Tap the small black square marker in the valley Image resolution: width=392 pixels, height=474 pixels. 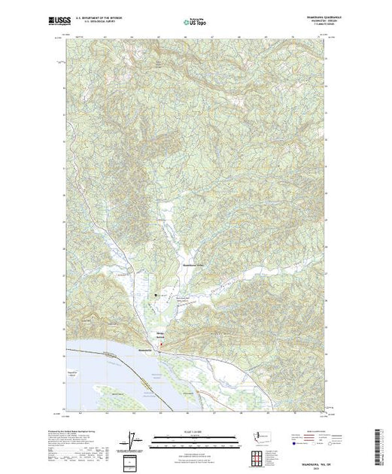pos(156,296)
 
